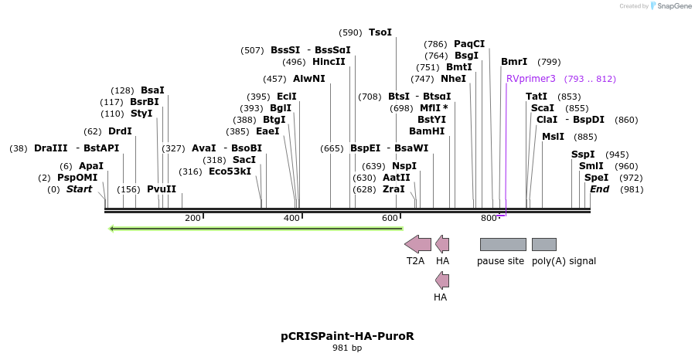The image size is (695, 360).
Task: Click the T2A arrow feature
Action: tap(418, 245)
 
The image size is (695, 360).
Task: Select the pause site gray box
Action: tap(503, 245)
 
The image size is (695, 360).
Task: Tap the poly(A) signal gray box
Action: tap(543, 245)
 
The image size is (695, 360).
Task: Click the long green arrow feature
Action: tap(255, 229)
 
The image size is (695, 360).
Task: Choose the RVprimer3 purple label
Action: tap(531, 79)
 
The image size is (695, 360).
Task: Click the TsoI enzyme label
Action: tap(380, 32)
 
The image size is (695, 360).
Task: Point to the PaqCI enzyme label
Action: tap(469, 44)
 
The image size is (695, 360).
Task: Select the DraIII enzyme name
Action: tap(51, 148)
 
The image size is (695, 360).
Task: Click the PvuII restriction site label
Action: tap(162, 189)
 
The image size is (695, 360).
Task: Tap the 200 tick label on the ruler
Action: tap(192, 219)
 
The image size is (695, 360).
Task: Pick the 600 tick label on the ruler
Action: tap(390, 219)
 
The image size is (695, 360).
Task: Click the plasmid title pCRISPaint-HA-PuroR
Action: tap(347, 337)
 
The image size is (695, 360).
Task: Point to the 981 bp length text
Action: tap(347, 348)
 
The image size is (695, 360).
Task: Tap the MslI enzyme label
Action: tap(553, 137)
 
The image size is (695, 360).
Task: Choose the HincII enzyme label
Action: tap(329, 62)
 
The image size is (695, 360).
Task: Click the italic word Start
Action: tap(79, 189)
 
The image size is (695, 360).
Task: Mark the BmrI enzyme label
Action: tap(514, 62)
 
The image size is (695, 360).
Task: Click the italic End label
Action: tap(600, 189)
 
